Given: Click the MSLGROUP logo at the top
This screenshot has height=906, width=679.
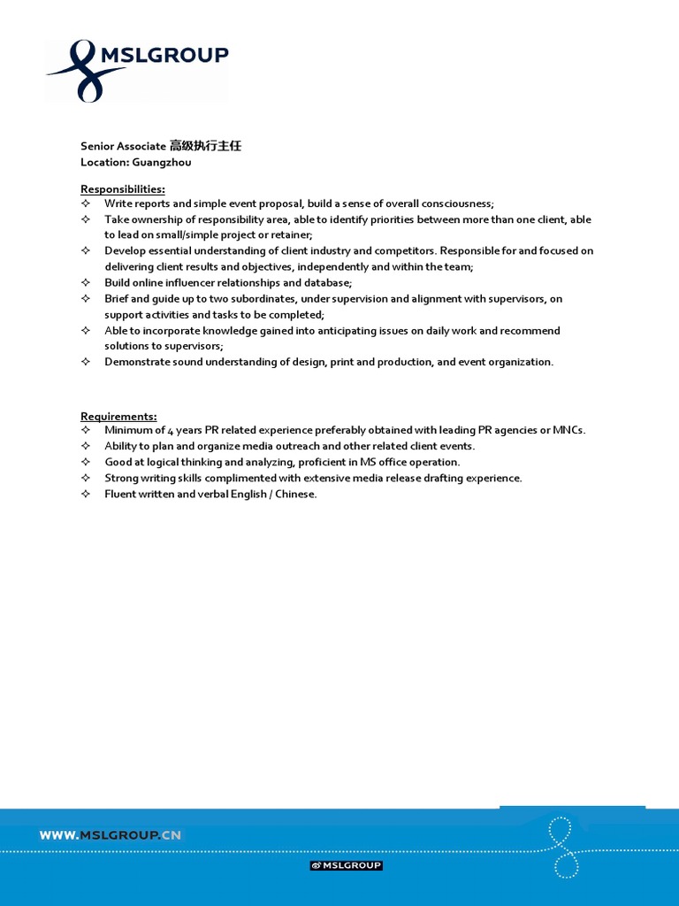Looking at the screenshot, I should pyautogui.click(x=137, y=70).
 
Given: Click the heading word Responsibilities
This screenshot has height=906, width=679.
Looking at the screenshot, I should pyautogui.click(x=122, y=188).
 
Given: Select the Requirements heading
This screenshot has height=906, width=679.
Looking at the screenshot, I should pyautogui.click(x=118, y=416).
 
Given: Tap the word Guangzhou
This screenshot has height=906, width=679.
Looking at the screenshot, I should pyautogui.click(x=162, y=162).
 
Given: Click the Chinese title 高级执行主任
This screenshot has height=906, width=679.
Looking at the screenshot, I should pyautogui.click(x=205, y=146).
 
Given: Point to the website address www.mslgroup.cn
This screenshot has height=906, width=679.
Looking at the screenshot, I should pyautogui.click(x=111, y=834).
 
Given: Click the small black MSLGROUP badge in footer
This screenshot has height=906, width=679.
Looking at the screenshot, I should pyautogui.click(x=346, y=865).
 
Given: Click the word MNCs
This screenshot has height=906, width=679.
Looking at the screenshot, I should pyautogui.click(x=568, y=430).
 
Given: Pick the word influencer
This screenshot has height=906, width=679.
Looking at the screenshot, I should pyautogui.click(x=196, y=283).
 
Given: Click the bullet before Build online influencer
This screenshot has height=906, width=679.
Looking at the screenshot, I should pyautogui.click(x=86, y=283).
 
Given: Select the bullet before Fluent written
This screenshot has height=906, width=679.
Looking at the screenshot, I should pyautogui.click(x=86, y=494).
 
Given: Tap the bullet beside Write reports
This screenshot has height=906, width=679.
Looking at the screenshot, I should pyautogui.click(x=86, y=203).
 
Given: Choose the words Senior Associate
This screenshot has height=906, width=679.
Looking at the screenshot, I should pyautogui.click(x=123, y=146).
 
